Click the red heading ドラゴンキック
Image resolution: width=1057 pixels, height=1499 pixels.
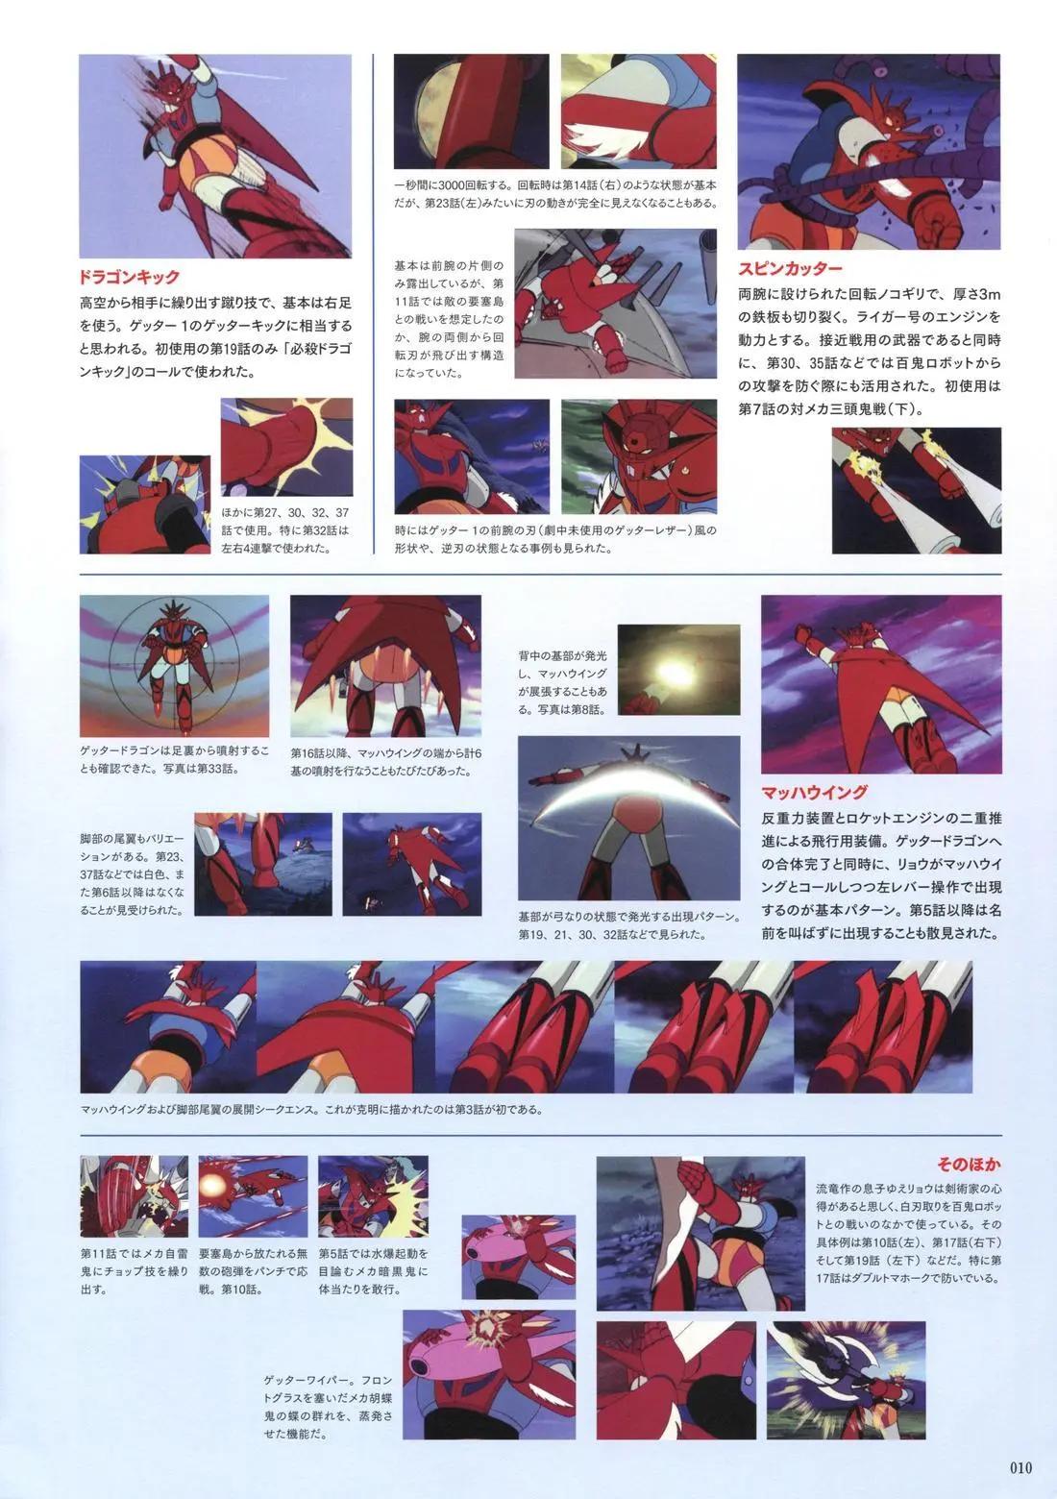[x=129, y=277]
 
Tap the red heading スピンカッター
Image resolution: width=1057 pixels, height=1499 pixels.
[x=790, y=268]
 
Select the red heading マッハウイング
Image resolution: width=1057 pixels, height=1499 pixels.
[x=814, y=793]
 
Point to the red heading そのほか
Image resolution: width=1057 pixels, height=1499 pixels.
[x=969, y=1165]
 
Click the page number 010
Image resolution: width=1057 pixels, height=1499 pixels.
[x=1020, y=1468]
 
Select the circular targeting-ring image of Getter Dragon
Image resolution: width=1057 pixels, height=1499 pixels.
[x=174, y=666]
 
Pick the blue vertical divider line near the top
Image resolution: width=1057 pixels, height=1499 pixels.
[x=373, y=304]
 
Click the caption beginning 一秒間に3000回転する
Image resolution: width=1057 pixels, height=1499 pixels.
[x=555, y=193]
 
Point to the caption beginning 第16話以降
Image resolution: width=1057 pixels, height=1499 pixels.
[x=385, y=762]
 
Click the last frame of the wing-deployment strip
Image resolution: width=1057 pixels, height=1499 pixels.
[x=883, y=1027]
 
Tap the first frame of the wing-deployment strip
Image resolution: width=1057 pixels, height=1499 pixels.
[x=168, y=1027]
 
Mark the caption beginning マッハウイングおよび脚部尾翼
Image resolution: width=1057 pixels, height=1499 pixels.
[x=311, y=1110]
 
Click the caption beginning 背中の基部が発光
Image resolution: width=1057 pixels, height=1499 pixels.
[x=563, y=682]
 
